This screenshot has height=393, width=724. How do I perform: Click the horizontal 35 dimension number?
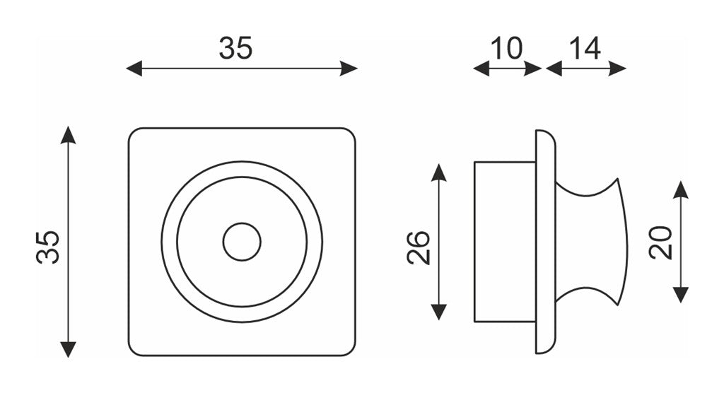click(235, 49)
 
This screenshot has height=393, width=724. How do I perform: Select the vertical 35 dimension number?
click(48, 247)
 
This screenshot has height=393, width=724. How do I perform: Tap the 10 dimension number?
click(506, 49)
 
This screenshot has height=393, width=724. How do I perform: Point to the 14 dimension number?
click(585, 49)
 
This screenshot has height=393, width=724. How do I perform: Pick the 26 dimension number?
click(419, 247)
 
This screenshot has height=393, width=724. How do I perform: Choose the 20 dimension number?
click(660, 242)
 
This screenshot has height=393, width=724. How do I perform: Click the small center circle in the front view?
click(242, 242)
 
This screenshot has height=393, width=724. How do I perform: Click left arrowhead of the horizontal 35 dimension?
click(134, 69)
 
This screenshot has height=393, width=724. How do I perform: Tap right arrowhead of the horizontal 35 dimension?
click(349, 69)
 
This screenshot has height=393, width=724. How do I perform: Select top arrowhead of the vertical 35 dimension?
click(68, 134)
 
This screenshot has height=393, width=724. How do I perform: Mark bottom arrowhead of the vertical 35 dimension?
click(68, 349)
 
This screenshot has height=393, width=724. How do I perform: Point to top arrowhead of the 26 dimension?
click(438, 172)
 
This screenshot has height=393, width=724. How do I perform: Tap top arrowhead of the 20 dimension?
click(681, 189)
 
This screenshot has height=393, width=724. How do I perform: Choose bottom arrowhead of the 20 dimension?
click(681, 295)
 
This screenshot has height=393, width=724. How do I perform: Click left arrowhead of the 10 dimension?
click(481, 69)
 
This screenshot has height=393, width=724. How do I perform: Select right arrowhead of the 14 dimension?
click(618, 69)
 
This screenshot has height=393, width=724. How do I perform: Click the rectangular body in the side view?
click(505, 242)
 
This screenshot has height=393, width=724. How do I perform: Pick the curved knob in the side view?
click(591, 242)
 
